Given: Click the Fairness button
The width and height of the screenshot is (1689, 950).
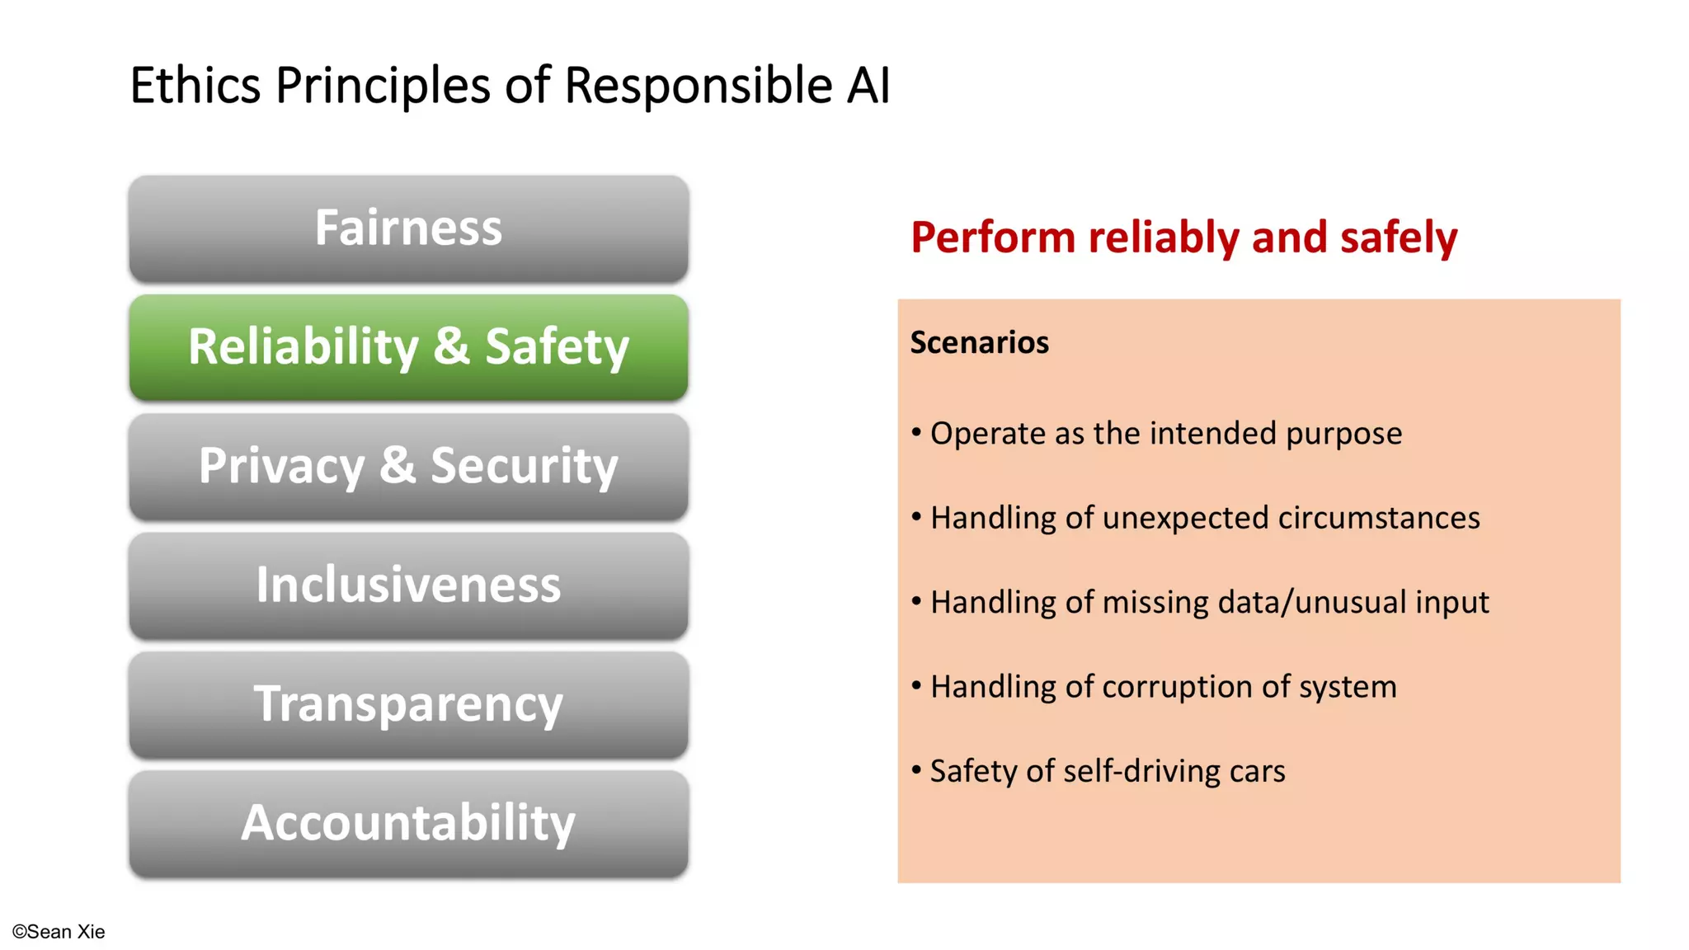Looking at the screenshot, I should pyautogui.click(x=408, y=228).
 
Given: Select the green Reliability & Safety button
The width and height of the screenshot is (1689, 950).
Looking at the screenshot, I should pyautogui.click(x=408, y=347).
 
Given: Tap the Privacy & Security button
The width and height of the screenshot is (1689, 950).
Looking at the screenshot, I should pyautogui.click(x=408, y=466).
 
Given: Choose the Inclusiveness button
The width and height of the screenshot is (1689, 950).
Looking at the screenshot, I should pyautogui.click(x=408, y=585).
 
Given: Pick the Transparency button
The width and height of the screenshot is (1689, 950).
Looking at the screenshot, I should pyautogui.click(x=408, y=704).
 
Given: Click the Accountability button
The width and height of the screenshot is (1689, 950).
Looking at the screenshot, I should pyautogui.click(x=408, y=823).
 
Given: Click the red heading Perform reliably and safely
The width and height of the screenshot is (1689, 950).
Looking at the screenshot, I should pyautogui.click(x=1183, y=237).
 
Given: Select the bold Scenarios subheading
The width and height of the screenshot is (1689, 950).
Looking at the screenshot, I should pyautogui.click(x=979, y=342).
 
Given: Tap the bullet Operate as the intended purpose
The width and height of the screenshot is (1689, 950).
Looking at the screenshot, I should pyautogui.click(x=1165, y=433).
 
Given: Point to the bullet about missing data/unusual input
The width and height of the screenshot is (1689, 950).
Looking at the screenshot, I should pyautogui.click(x=1209, y=602).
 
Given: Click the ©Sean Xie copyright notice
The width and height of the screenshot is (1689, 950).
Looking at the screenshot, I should pyautogui.click(x=59, y=932).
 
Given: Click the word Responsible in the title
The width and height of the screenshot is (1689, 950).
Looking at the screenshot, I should pyautogui.click(x=698, y=85).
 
